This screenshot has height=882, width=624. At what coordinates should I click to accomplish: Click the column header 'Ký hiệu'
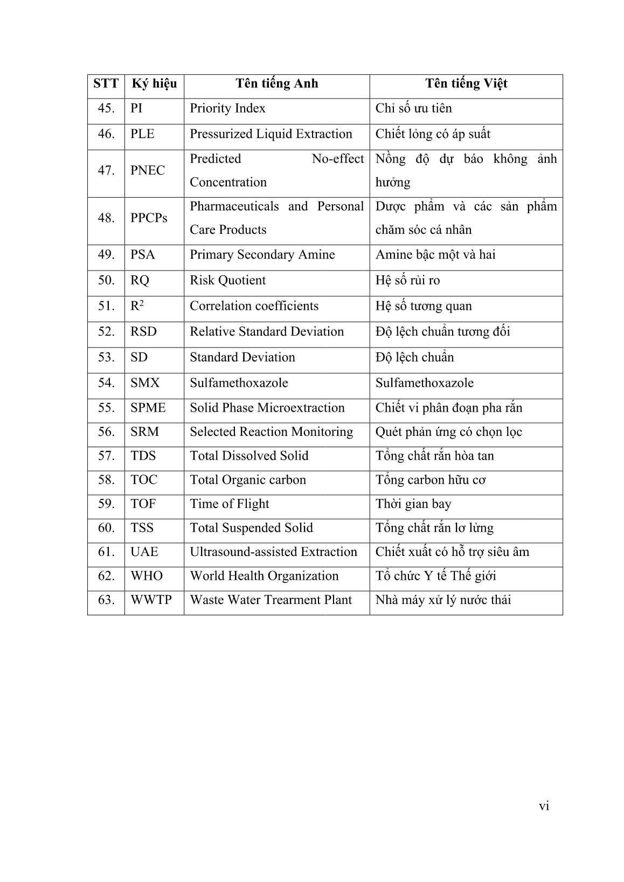click(x=154, y=84)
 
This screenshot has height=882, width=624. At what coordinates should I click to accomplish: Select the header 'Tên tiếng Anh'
click(x=276, y=84)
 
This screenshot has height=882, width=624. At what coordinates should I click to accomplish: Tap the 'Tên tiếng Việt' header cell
click(x=466, y=84)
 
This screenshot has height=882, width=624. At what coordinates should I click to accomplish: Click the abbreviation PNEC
click(x=148, y=171)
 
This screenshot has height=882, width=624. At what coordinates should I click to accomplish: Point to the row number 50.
click(x=106, y=281)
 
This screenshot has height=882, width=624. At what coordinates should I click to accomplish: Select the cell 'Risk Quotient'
click(x=227, y=281)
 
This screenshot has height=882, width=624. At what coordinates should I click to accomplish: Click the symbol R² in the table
click(x=137, y=306)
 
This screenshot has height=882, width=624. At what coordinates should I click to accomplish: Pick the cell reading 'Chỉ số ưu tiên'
click(x=413, y=109)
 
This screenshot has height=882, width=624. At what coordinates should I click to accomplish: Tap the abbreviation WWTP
click(x=151, y=600)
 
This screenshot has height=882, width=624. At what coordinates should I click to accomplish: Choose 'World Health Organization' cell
click(x=264, y=576)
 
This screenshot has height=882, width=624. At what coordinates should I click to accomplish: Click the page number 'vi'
click(x=544, y=806)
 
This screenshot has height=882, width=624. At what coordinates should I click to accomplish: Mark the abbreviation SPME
click(x=148, y=408)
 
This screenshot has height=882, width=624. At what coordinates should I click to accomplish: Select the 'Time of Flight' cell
click(x=229, y=504)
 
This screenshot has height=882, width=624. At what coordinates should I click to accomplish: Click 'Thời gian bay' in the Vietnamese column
click(x=413, y=504)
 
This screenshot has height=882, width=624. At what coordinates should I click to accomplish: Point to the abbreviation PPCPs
click(x=149, y=218)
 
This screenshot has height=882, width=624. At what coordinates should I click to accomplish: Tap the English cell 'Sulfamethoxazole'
click(x=239, y=383)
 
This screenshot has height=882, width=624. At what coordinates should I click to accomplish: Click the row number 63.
click(x=106, y=600)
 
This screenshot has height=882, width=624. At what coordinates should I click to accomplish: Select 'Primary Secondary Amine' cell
click(x=262, y=255)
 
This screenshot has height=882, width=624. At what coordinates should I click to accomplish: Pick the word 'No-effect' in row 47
click(x=338, y=159)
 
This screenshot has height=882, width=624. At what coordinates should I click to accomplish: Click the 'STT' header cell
click(x=106, y=84)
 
